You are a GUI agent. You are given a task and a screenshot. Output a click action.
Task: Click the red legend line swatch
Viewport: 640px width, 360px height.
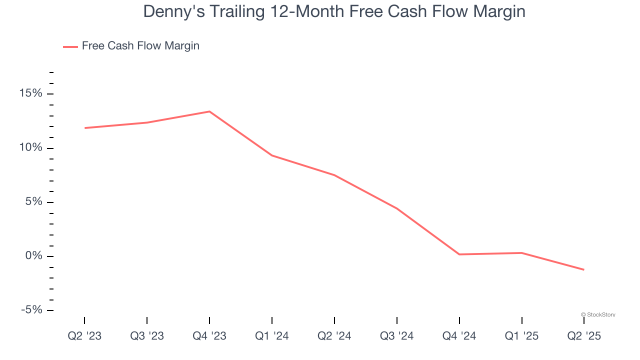pos(70,46)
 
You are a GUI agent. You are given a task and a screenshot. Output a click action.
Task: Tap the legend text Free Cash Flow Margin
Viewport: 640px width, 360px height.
pos(140,46)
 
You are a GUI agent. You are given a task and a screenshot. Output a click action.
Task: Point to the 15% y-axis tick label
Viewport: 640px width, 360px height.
pos(31,94)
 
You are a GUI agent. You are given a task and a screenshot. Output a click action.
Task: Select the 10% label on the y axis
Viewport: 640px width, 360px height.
pos(31,148)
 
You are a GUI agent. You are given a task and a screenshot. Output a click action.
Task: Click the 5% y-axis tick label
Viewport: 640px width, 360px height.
pos(34,202)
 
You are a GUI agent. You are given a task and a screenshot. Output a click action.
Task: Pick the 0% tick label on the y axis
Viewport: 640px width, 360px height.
pos(34,256)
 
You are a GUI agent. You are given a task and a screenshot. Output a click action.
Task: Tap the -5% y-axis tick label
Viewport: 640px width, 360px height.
pos(31,310)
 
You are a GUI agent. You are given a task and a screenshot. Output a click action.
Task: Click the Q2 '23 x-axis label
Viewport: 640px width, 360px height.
pos(84,336)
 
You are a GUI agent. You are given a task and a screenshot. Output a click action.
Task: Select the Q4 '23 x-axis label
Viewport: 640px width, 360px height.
pos(209,336)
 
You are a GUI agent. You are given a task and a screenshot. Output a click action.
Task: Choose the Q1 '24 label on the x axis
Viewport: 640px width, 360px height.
pos(272,336)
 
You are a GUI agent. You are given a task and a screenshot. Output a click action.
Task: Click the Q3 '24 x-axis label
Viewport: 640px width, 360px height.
pos(397,336)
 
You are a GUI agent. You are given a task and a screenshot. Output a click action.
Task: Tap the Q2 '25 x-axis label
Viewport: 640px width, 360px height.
pos(584,336)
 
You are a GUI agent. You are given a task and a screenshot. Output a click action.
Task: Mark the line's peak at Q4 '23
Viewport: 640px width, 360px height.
pos(209,111)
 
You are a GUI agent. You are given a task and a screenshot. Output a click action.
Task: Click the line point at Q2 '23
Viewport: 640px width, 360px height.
pos(84,128)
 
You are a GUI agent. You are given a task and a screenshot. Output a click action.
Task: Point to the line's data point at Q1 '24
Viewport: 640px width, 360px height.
pos(272,155)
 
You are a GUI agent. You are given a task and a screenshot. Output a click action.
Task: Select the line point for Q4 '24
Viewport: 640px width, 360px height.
pos(459,254)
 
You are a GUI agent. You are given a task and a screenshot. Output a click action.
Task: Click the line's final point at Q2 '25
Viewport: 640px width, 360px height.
pos(584,270)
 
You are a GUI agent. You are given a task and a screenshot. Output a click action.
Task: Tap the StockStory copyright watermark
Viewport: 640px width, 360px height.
pos(598,314)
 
